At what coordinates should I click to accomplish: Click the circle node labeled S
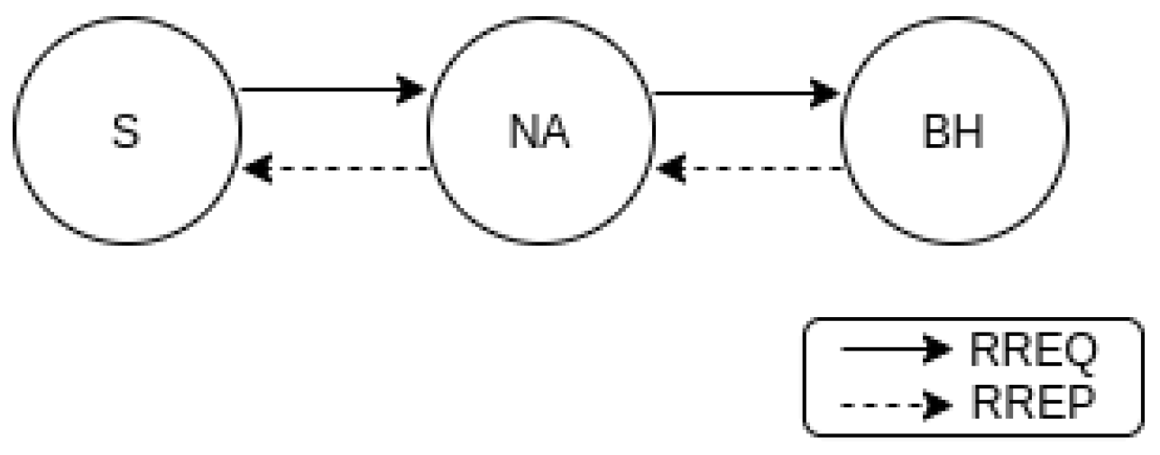127,131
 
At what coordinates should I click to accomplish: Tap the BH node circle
954,131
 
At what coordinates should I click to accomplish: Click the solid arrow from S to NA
325,89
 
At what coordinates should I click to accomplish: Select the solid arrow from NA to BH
740,92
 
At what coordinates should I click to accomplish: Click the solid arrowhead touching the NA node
412,89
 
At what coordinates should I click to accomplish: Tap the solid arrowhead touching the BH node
824,92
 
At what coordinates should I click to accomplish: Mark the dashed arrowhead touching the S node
258,168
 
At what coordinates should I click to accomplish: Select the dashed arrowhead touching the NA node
671,168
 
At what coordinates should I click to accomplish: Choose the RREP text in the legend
1032,403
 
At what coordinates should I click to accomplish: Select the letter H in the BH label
969,132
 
